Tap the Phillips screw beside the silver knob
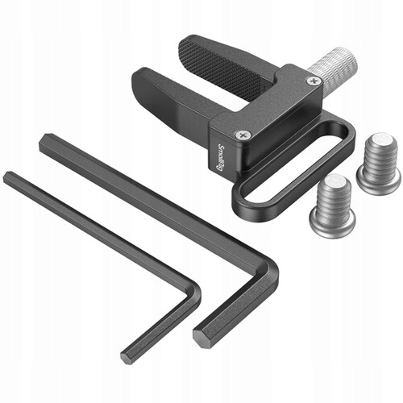click(311, 81)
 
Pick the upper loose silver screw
click(378, 164)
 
